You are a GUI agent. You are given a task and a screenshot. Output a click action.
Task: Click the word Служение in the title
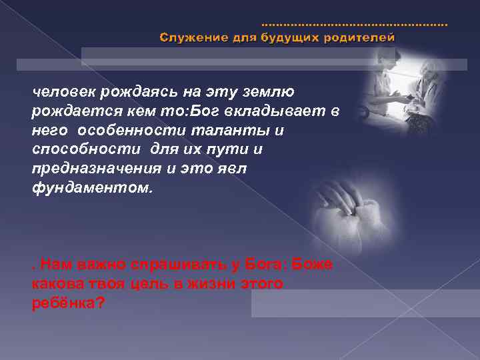[189, 37]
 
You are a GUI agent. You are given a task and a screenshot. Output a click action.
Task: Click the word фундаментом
[92, 187]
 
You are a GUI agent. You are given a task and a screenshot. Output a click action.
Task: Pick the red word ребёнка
[66, 302]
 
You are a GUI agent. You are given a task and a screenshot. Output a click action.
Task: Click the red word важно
[93, 265]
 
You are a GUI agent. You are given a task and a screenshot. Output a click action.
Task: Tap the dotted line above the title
[354, 25]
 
